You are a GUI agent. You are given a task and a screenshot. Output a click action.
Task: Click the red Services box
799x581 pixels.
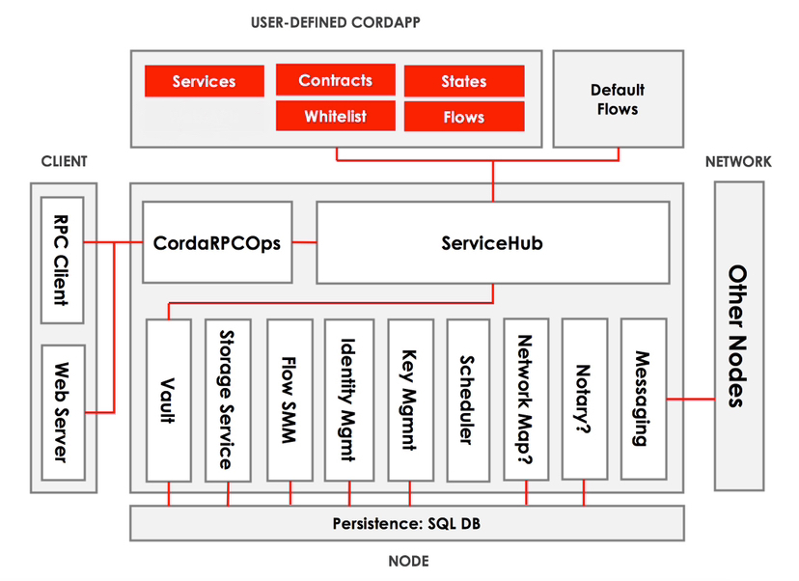tap(204, 81)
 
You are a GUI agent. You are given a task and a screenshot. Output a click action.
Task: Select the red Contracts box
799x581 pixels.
tap(335, 80)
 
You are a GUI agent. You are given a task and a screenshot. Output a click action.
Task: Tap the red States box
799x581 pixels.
tap(464, 81)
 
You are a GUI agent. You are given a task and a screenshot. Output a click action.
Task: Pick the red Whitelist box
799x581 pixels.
tap(335, 116)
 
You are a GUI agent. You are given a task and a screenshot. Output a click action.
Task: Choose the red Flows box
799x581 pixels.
tap(464, 117)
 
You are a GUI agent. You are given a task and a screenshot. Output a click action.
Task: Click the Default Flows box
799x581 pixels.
tap(618, 99)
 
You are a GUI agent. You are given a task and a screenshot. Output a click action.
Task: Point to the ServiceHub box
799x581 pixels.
tap(492, 242)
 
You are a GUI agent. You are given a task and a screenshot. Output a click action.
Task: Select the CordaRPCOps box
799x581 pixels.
tap(217, 242)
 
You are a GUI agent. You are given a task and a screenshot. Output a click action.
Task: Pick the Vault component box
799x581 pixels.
tap(169, 399)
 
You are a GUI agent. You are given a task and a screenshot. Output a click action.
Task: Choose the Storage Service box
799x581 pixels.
tap(228, 399)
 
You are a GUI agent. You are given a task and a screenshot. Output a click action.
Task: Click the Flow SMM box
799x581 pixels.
tap(289, 399)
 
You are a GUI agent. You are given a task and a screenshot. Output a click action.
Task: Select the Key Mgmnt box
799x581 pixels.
tap(409, 399)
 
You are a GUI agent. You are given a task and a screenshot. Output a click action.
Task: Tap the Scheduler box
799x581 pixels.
tap(468, 399)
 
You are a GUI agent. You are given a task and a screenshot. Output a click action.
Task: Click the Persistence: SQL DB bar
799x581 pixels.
tap(406, 523)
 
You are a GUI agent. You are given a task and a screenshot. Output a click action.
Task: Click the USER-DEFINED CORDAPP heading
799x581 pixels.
tap(335, 21)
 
